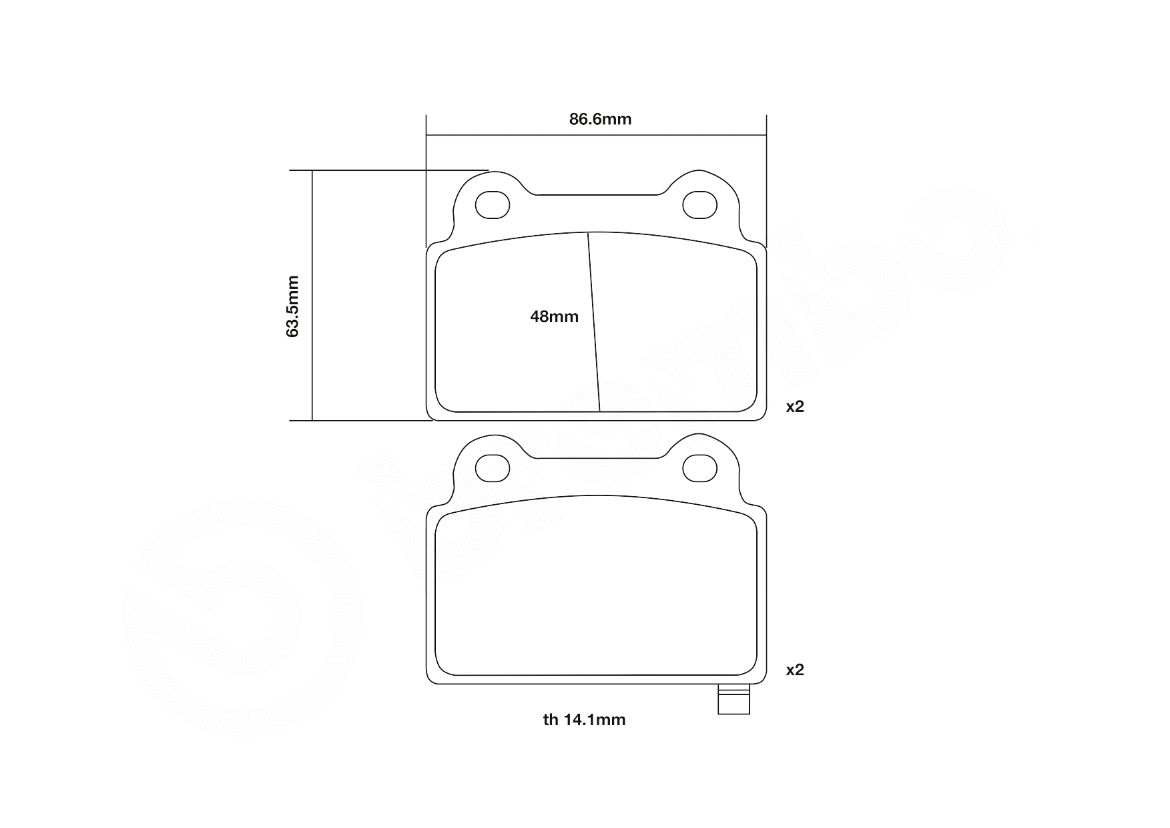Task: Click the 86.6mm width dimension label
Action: (x=600, y=120)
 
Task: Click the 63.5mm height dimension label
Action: (x=292, y=306)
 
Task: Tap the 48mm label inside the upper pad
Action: (x=554, y=317)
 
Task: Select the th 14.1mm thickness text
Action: (x=584, y=720)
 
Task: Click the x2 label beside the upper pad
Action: (x=794, y=407)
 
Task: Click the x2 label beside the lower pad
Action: (x=794, y=670)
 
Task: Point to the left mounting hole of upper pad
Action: (x=493, y=205)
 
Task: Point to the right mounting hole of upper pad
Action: (x=700, y=205)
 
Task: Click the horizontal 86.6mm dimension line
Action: (x=507, y=136)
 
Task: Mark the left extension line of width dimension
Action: (x=426, y=187)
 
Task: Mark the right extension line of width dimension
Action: (x=766, y=187)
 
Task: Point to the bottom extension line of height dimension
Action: (x=367, y=421)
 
